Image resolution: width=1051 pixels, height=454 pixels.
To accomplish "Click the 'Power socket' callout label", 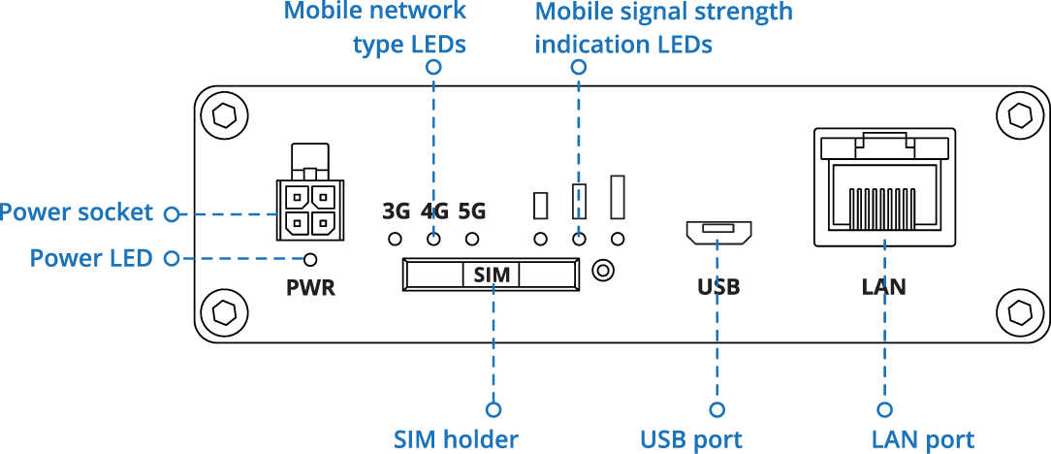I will [77, 212].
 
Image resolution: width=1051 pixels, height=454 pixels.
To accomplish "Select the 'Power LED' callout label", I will [91, 258].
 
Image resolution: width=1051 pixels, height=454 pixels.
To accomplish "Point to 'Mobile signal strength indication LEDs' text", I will [663, 28].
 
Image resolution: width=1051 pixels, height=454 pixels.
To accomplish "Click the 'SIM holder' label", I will [456, 438].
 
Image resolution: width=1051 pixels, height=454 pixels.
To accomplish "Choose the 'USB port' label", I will [690, 438].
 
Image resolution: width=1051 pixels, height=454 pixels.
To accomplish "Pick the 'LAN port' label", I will [922, 438].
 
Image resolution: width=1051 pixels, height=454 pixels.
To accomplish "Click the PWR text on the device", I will [310, 288].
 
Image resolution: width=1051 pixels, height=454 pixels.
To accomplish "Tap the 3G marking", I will [397, 211].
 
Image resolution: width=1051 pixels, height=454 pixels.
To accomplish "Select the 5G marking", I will [471, 211].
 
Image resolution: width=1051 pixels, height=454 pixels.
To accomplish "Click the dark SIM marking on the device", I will [492, 275].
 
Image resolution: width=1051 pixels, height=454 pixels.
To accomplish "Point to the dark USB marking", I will [718, 287].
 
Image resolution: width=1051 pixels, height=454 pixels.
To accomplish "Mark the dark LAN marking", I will [883, 287].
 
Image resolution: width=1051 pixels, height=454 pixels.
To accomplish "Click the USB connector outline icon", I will [718, 231].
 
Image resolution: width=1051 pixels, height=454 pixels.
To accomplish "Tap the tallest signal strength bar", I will [618, 196].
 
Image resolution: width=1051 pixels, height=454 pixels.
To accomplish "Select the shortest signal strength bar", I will [541, 206].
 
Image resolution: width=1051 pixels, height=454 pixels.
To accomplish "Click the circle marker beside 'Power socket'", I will [172, 213].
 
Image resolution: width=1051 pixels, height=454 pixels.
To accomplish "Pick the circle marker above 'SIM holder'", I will [494, 409].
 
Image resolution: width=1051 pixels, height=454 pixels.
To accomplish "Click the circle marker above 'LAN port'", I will [884, 409].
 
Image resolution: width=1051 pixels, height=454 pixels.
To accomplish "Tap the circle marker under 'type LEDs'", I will [433, 67].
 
